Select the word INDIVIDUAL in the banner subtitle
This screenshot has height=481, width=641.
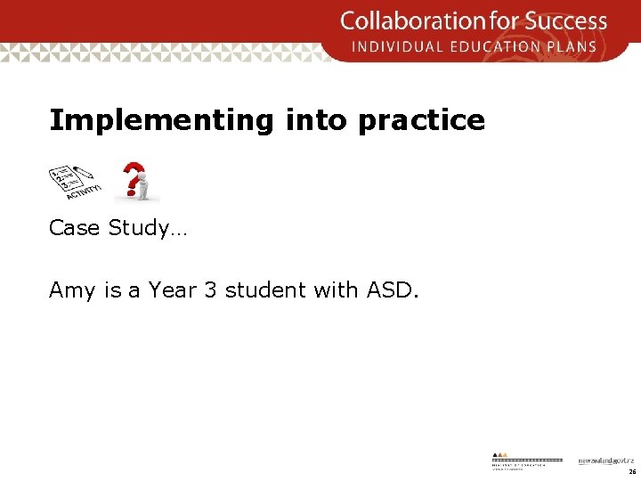[399, 46]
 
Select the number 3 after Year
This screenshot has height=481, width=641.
[210, 290]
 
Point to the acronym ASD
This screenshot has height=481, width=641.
[387, 290]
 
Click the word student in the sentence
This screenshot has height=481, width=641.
[267, 290]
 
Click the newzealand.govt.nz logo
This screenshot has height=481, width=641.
[605, 461]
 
